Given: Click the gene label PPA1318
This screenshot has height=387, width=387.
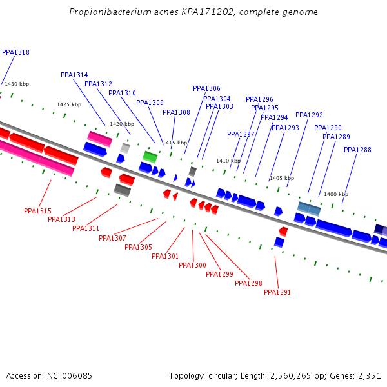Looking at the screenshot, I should pos(15,53).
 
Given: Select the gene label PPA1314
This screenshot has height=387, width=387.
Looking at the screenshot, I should pos(74,75).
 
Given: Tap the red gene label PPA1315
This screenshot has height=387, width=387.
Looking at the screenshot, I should pos(37,212).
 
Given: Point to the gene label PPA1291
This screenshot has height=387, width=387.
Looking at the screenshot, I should pos(277,293).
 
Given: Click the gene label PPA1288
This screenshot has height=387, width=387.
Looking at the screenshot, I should pos(357,150).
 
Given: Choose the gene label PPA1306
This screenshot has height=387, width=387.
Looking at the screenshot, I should pos(206,89).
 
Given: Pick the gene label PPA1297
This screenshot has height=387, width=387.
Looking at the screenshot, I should pos(241,135).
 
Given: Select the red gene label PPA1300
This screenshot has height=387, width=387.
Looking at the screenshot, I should pos(192,266).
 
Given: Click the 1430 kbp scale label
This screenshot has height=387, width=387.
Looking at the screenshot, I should pos(17,84).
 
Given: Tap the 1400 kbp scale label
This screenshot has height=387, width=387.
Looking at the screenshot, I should pos(336,194).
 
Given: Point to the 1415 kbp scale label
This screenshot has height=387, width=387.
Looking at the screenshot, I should pos(174,143).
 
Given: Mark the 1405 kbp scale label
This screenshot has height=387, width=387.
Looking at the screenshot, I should pos(282,178).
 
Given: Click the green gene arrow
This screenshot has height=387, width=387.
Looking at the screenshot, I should pos(150,157).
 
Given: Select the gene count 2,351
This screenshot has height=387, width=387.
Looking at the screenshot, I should pos(368,375).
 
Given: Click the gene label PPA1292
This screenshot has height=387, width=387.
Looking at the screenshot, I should pos(309,115).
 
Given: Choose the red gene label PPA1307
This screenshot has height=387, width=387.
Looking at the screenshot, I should pos(112,239).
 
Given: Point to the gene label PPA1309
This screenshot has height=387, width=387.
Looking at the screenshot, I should pos(150,103).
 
